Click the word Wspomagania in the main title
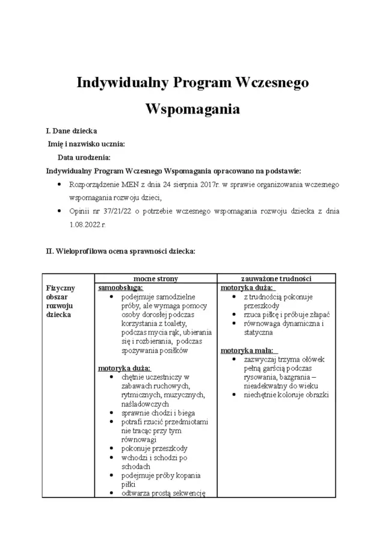(192, 109)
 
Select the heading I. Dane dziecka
(72, 131)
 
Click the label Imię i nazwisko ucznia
(87, 144)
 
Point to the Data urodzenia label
(84, 157)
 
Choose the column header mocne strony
(155, 279)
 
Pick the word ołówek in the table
(312, 359)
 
